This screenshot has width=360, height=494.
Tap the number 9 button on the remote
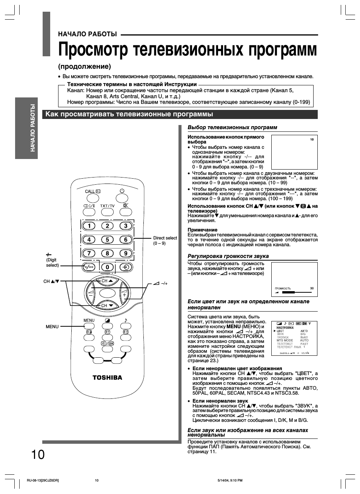click(x=126, y=253)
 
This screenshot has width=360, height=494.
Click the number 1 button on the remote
click(x=89, y=226)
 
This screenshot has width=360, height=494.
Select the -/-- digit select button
click(x=89, y=267)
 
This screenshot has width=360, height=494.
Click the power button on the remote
click(x=122, y=191)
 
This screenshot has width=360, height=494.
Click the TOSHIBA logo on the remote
click(x=108, y=377)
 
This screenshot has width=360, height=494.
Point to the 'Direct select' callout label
click(x=165, y=238)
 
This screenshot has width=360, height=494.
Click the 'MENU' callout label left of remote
click(x=52, y=326)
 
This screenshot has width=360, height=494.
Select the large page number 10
click(x=38, y=454)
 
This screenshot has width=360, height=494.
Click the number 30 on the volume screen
click(x=312, y=288)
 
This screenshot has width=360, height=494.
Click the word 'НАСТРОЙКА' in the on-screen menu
click(x=285, y=327)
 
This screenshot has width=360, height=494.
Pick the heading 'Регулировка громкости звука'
click(x=228, y=256)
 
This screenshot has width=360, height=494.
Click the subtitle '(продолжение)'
click(x=85, y=66)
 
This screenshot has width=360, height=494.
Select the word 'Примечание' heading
click(x=203, y=230)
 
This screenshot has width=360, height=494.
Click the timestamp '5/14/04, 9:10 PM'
click(x=230, y=480)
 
